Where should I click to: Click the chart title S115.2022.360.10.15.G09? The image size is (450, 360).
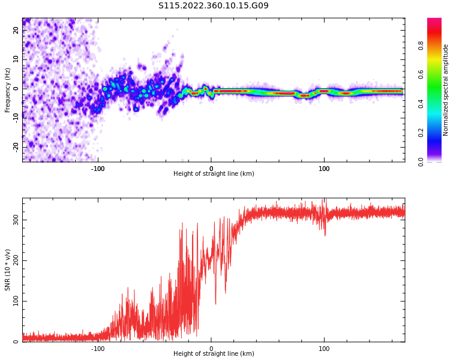pos(213,6)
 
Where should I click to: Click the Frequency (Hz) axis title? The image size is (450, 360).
pos(8,90)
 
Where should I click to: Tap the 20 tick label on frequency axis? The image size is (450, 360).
pos(16,31)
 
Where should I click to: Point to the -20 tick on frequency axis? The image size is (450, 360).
pos(16,146)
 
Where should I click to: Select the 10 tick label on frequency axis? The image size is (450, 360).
pos(16,59)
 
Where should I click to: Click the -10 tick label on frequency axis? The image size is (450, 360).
pos(16,118)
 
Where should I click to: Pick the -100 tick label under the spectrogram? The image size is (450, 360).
pos(98,169)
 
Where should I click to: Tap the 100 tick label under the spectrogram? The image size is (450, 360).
pos(324,169)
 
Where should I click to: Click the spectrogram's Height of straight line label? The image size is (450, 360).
pos(214,174)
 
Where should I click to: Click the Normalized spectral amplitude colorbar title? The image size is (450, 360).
pos(446,90)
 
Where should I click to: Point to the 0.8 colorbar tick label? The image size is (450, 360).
pos(421,45)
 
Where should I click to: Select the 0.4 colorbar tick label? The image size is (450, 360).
pos(421,103)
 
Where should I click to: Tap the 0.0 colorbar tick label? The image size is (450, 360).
pos(421,161)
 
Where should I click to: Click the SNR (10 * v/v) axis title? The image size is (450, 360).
pos(8,270)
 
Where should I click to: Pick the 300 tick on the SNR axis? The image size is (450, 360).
pos(16,220)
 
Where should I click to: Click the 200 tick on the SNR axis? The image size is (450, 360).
pos(16,260)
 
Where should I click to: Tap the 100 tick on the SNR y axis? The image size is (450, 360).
pos(16,301)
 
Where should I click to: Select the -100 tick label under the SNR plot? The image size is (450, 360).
pos(98,349)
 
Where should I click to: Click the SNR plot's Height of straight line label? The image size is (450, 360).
pos(214,354)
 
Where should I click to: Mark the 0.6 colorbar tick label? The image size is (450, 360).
pos(421,74)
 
